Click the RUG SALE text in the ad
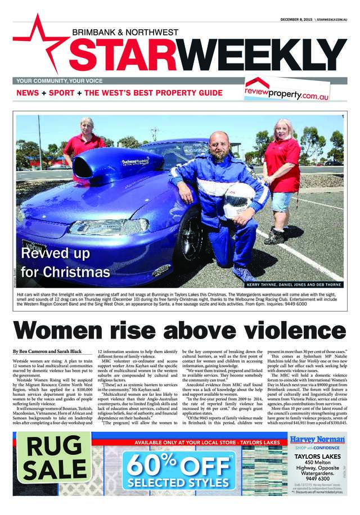tap(55, 457)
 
